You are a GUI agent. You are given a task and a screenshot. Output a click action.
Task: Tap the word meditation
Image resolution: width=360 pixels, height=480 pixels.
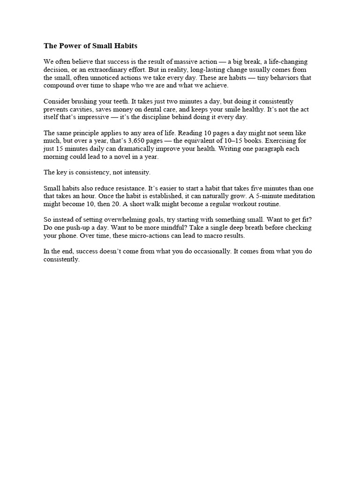coord(297,196)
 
